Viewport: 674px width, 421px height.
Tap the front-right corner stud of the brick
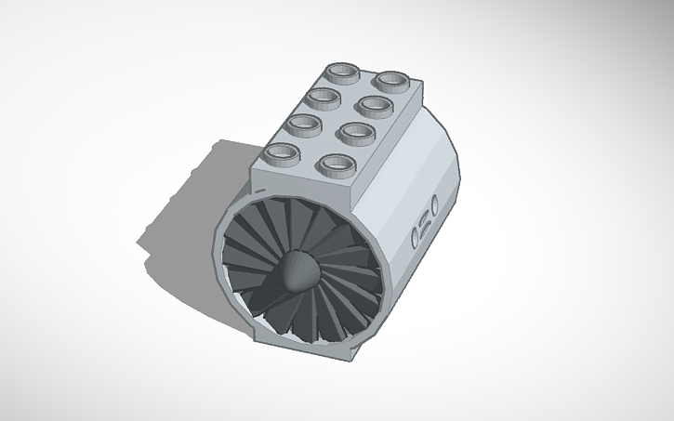tap(332, 165)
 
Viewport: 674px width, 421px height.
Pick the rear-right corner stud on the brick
tap(394, 81)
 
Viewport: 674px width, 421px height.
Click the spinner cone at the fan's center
tap(300, 272)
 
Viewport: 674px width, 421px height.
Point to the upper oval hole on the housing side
tap(435, 204)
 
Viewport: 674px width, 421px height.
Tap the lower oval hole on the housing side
tap(415, 240)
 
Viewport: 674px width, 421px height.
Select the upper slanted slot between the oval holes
tap(428, 218)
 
